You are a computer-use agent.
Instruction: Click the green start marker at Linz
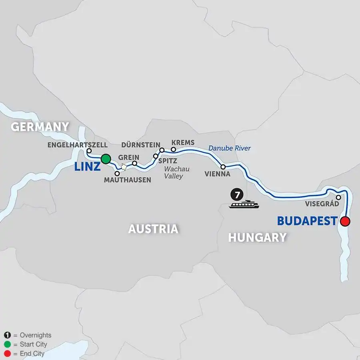(x=106, y=159)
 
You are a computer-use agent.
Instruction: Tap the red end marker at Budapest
(x=345, y=221)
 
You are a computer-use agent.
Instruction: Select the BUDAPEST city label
(x=306, y=221)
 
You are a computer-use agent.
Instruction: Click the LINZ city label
(x=87, y=167)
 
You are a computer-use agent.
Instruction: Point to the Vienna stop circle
(x=223, y=166)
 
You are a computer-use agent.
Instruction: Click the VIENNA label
(x=217, y=174)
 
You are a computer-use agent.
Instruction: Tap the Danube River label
(x=229, y=148)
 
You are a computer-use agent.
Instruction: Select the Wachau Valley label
(x=176, y=172)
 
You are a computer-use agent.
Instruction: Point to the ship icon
(x=244, y=204)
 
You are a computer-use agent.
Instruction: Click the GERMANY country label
(x=40, y=127)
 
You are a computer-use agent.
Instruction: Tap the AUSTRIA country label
(x=153, y=229)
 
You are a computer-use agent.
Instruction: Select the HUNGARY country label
(x=257, y=237)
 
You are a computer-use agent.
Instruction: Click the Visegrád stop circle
(x=338, y=197)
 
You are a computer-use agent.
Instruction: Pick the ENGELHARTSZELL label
(x=78, y=145)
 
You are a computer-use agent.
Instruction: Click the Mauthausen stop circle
(x=117, y=174)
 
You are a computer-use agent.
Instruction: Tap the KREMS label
(x=182, y=143)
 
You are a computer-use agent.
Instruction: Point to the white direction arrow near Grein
(x=124, y=167)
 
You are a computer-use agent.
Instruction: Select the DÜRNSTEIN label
(x=140, y=145)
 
